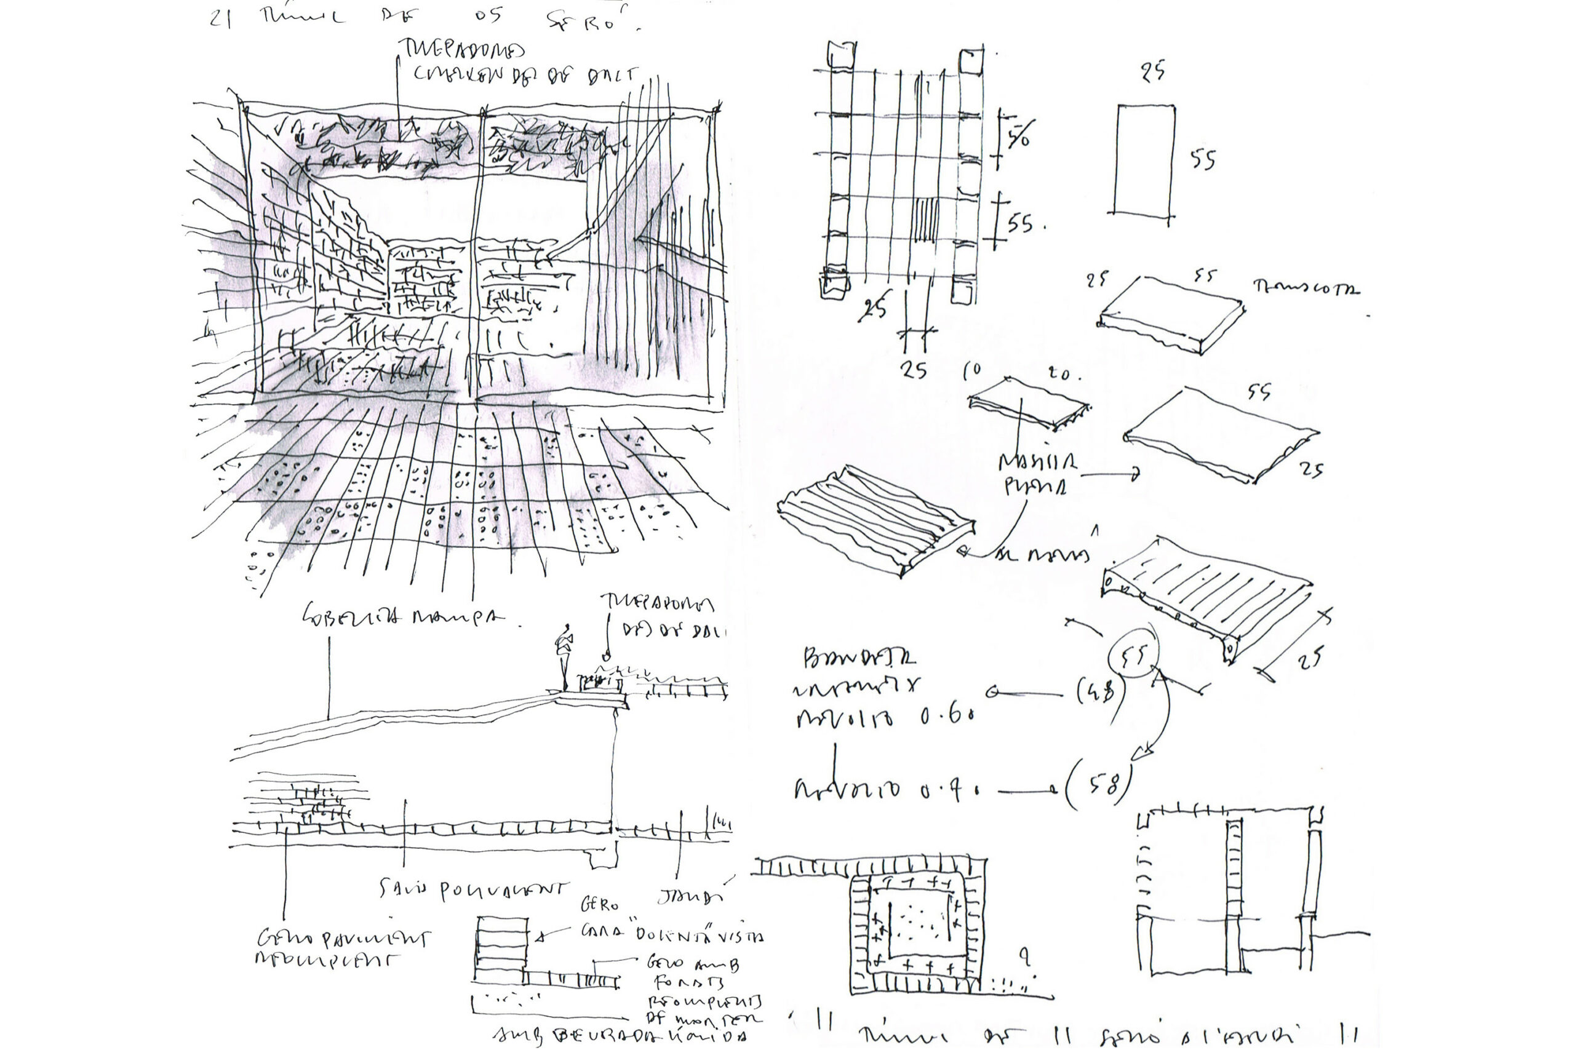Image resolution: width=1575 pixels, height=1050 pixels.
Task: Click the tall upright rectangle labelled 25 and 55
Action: click(x=1144, y=160)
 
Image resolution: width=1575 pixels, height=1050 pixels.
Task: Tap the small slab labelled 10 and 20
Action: click(x=1028, y=402)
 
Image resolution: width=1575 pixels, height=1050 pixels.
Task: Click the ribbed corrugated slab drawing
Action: click(x=875, y=520)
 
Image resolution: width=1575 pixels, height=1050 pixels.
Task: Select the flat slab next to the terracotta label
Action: click(x=1172, y=313)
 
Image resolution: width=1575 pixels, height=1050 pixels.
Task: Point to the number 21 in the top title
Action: click(x=221, y=18)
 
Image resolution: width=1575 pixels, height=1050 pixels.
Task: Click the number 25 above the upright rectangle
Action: click(x=1153, y=71)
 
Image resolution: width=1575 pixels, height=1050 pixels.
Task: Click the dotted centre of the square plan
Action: click(x=917, y=925)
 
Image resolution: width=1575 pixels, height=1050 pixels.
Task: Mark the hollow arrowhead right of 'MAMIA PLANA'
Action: click(x=1134, y=475)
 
